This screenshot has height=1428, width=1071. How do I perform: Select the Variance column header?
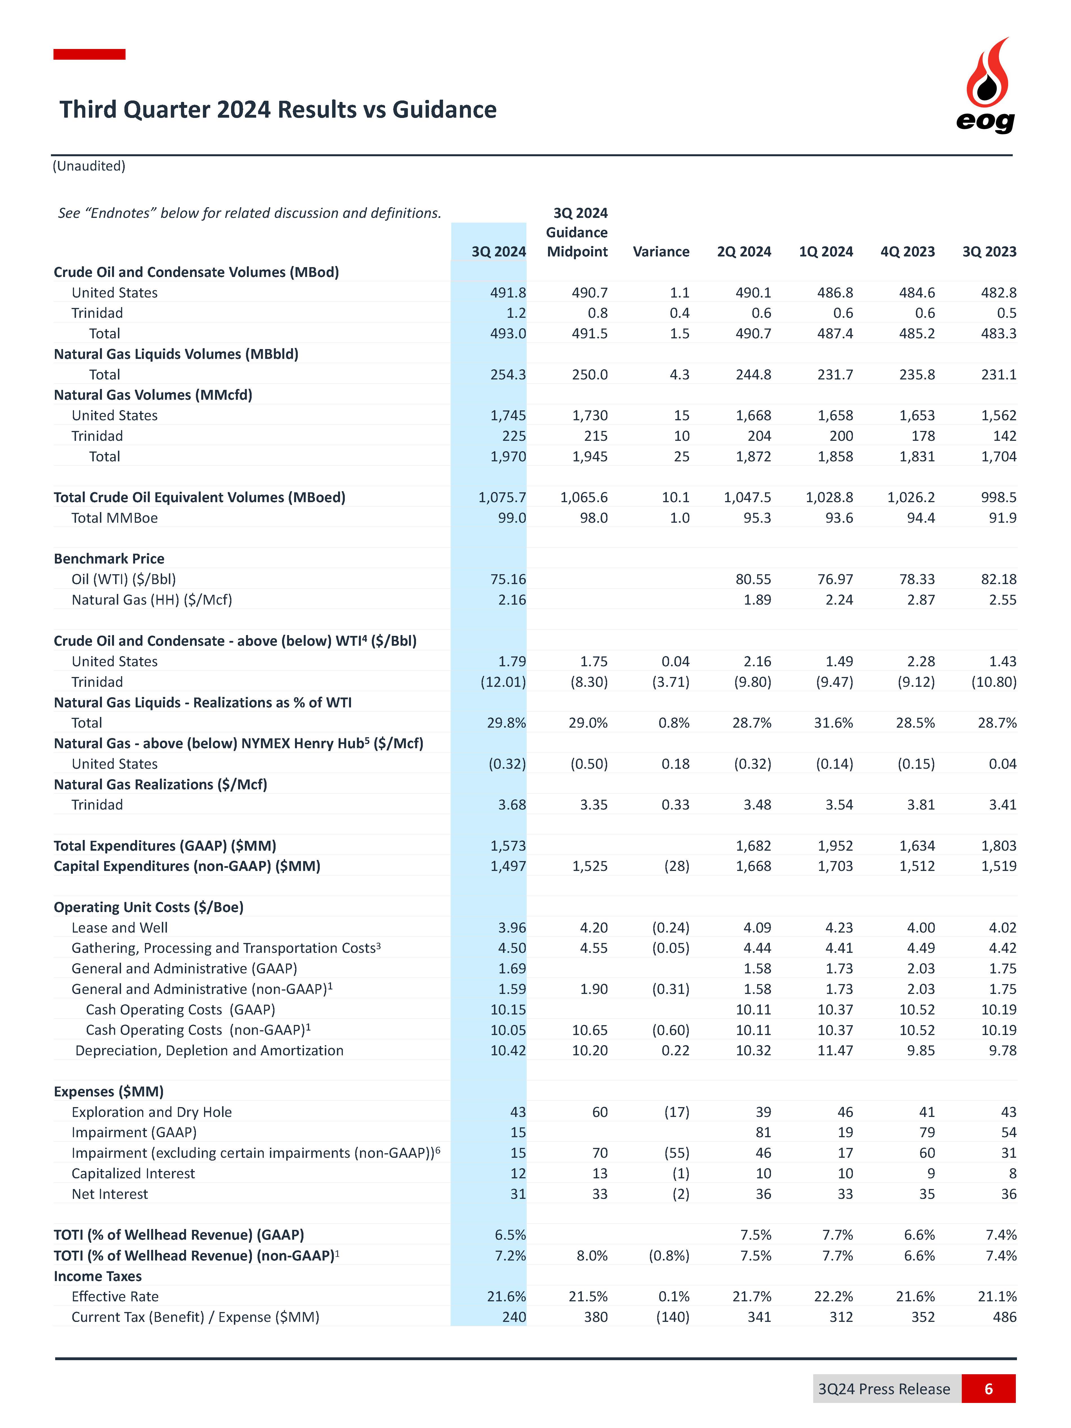point(660,252)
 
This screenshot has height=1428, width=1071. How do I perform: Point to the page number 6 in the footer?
point(988,1389)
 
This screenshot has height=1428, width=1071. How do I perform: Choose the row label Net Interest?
point(110,1194)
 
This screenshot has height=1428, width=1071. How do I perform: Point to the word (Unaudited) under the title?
point(89,166)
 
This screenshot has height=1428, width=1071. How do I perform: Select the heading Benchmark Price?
point(109,558)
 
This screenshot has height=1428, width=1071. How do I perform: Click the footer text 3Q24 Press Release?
point(884,1389)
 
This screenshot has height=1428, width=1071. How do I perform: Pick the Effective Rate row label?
point(115,1296)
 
